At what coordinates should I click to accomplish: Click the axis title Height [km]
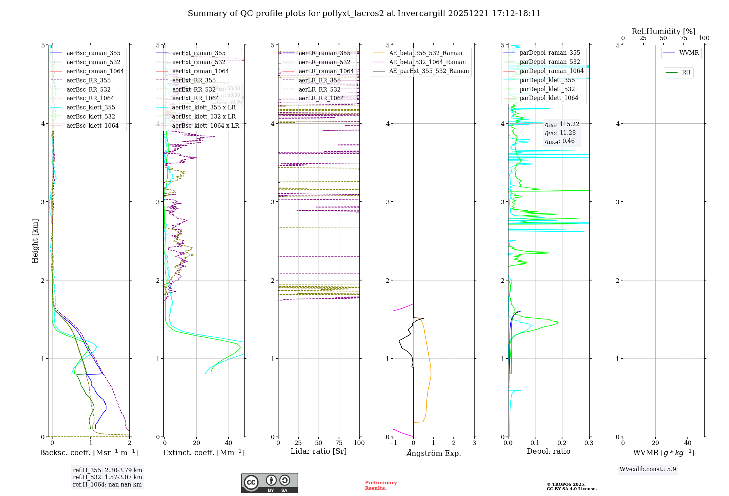[35, 241]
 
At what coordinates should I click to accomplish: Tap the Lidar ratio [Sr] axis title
[319, 451]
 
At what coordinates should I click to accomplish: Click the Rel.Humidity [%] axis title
[663, 31]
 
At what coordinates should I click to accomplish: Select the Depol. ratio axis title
[548, 451]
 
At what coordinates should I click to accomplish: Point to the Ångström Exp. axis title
[434, 453]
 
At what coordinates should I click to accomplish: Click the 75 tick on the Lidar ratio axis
[339, 443]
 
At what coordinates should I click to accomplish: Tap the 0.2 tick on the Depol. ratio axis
[562, 443]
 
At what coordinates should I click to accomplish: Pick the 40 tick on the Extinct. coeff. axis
[229, 443]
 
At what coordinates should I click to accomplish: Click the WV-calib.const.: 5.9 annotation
[648, 469]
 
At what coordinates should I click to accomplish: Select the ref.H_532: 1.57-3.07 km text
[108, 477]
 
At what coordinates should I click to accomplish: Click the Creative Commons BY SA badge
[269, 483]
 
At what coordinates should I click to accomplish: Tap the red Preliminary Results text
[381, 485]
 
